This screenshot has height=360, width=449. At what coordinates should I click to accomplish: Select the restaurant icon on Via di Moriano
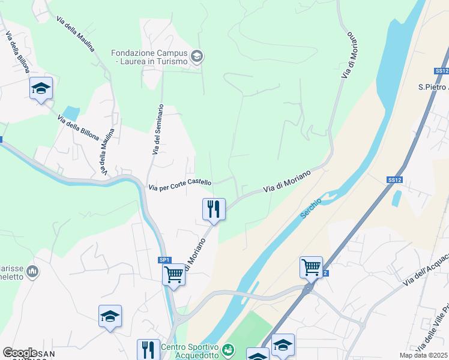click(x=214, y=209)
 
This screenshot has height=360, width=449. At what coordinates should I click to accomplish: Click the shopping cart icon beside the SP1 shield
click(x=173, y=275)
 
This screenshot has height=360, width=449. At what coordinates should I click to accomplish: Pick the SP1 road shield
click(x=165, y=260)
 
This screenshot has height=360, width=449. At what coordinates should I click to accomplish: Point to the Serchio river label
click(x=311, y=208)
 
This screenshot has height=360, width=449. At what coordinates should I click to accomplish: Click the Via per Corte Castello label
click(x=180, y=185)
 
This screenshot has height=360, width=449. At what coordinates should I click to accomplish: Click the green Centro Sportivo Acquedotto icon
click(x=228, y=349)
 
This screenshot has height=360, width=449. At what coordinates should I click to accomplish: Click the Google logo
click(x=20, y=352)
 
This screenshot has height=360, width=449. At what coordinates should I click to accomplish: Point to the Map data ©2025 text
click(x=423, y=355)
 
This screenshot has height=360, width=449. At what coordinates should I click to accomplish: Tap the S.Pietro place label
click(x=433, y=87)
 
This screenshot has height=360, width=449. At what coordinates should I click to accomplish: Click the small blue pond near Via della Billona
click(x=71, y=113)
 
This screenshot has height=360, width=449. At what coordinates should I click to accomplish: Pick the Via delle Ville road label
click(x=435, y=327)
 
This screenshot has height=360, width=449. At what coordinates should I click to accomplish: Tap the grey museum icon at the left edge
click(x=32, y=272)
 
